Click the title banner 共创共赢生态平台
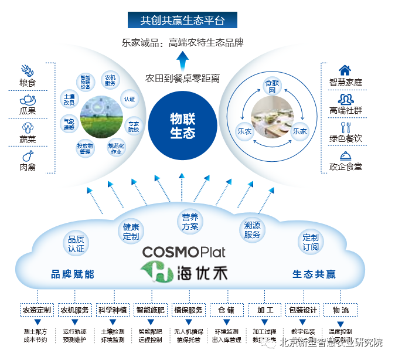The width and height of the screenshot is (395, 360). [x=183, y=21]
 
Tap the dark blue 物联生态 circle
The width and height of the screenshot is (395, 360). [x=183, y=125]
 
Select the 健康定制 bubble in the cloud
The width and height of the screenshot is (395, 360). [x=131, y=232]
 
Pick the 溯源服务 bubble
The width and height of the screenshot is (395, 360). [x=253, y=230]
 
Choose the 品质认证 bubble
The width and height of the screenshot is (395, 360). [x=76, y=244]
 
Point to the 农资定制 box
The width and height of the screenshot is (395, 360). [x=37, y=310]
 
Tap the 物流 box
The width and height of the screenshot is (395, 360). [x=340, y=310]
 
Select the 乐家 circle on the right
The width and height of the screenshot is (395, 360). [x=299, y=131]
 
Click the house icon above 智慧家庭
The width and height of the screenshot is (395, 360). [x=345, y=70]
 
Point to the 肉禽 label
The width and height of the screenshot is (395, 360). [x=28, y=167]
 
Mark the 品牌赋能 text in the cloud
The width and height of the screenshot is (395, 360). [x=73, y=274]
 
